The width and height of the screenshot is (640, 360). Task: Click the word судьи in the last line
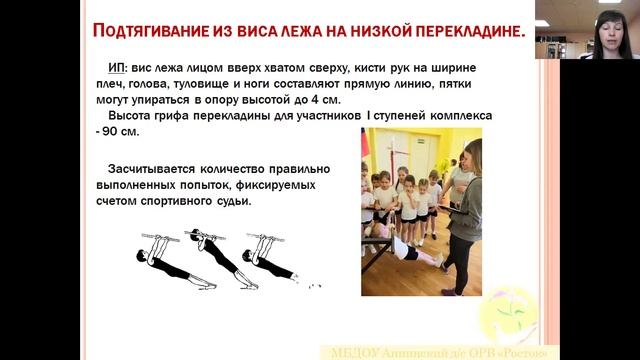pyautogui.click(x=226, y=201)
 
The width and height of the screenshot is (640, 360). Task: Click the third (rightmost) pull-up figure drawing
pyautogui.click(x=271, y=258)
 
